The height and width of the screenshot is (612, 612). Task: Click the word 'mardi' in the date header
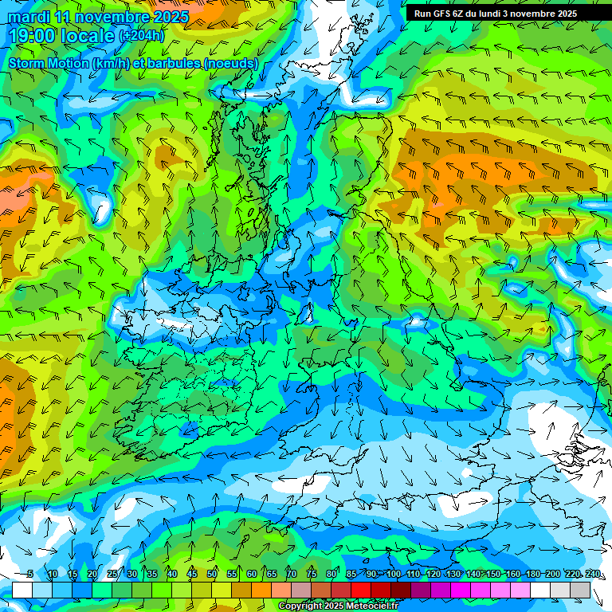click(28, 17)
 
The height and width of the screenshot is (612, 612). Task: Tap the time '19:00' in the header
click(33, 36)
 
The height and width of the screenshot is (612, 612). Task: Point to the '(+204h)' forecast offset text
click(142, 36)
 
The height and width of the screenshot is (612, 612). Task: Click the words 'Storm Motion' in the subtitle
click(49, 63)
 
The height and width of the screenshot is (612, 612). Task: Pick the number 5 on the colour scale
click(29, 575)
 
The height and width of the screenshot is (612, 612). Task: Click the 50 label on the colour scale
click(212, 575)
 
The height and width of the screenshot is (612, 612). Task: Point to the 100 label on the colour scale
click(394, 575)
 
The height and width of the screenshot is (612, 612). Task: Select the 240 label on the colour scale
click(593, 575)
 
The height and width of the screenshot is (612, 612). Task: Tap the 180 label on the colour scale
click(533, 575)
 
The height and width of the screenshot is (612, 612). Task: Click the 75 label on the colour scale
click(312, 575)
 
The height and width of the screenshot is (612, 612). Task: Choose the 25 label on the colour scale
click(112, 575)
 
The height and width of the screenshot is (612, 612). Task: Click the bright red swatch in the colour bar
click(361, 590)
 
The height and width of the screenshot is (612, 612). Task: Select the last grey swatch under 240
click(580, 590)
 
